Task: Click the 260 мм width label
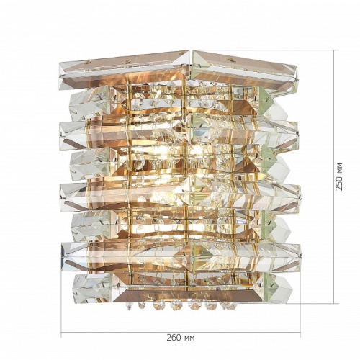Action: tap(181, 338)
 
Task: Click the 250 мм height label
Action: tap(338, 176)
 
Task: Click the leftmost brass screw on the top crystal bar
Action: tap(85, 63)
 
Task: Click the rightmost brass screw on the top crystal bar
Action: tap(230, 58)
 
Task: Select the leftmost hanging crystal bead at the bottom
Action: tap(129, 306)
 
